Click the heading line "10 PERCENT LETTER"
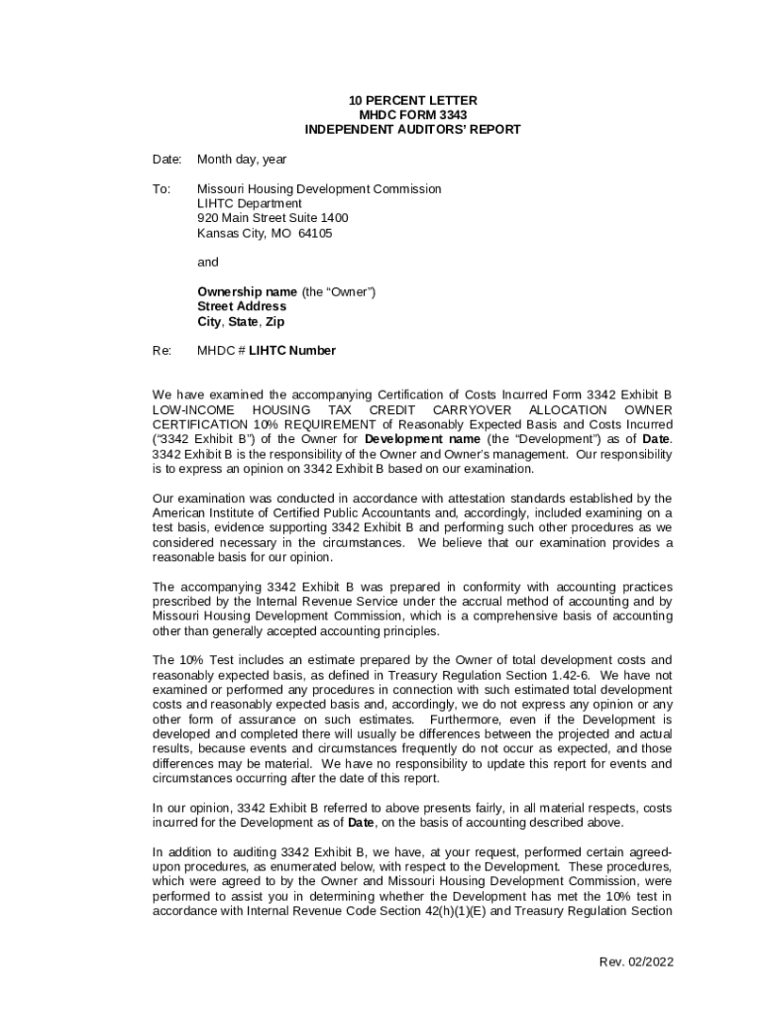tap(412, 101)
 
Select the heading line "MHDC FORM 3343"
tap(412, 115)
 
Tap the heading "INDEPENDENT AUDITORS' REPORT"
tap(412, 130)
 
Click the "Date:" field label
tap(166, 160)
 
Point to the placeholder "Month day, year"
tap(242, 160)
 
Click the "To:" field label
tap(162, 188)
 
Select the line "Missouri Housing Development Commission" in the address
tap(319, 188)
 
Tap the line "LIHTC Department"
tap(249, 203)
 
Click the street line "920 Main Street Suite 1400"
tap(272, 218)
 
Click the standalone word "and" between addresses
tap(207, 263)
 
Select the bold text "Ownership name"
tap(247, 291)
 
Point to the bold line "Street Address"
tap(242, 306)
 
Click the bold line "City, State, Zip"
tap(241, 321)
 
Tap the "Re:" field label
tap(162, 351)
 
